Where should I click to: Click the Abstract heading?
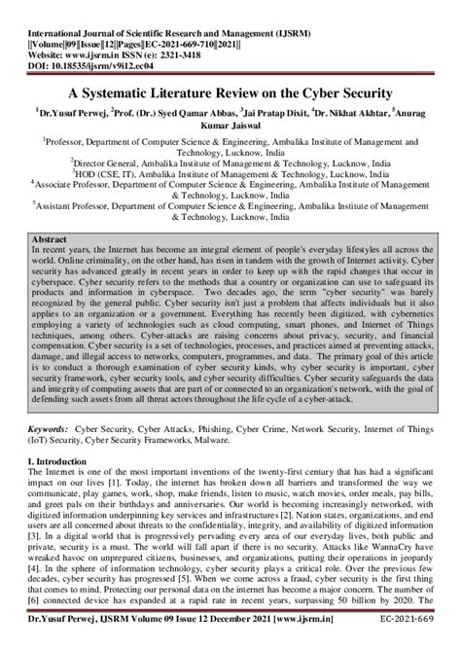tap(50, 238)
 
